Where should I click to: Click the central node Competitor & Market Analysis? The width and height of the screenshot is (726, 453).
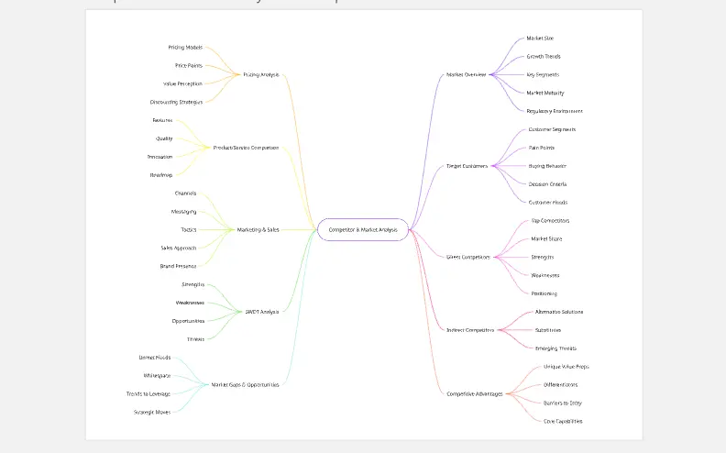pyautogui.click(x=363, y=229)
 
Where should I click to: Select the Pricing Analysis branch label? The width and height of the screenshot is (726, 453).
pyautogui.click(x=260, y=74)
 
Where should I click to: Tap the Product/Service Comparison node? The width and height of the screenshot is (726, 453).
pyautogui.click(x=246, y=148)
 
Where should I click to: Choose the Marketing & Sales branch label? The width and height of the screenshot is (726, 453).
pyautogui.click(x=258, y=229)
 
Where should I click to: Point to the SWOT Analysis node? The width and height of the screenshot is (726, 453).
pyautogui.click(x=262, y=312)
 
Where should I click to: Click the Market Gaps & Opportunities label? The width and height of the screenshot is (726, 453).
pyautogui.click(x=245, y=384)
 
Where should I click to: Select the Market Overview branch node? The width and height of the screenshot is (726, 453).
pyautogui.click(x=466, y=74)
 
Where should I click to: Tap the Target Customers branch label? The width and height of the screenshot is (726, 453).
pyautogui.click(x=467, y=166)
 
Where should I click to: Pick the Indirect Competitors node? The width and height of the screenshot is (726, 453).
pyautogui.click(x=470, y=330)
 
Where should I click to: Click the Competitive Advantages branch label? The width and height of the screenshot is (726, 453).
pyautogui.click(x=475, y=393)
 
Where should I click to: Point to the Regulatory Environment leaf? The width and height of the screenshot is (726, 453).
pyautogui.click(x=555, y=111)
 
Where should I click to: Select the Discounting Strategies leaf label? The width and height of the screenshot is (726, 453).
pyautogui.click(x=176, y=102)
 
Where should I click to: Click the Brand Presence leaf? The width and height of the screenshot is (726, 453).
pyautogui.click(x=178, y=266)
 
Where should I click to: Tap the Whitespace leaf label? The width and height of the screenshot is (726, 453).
pyautogui.click(x=157, y=375)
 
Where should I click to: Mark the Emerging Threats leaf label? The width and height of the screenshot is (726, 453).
pyautogui.click(x=556, y=348)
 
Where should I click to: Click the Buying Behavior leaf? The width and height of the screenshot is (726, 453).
pyautogui.click(x=547, y=166)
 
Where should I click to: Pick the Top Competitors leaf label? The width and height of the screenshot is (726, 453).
pyautogui.click(x=550, y=220)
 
